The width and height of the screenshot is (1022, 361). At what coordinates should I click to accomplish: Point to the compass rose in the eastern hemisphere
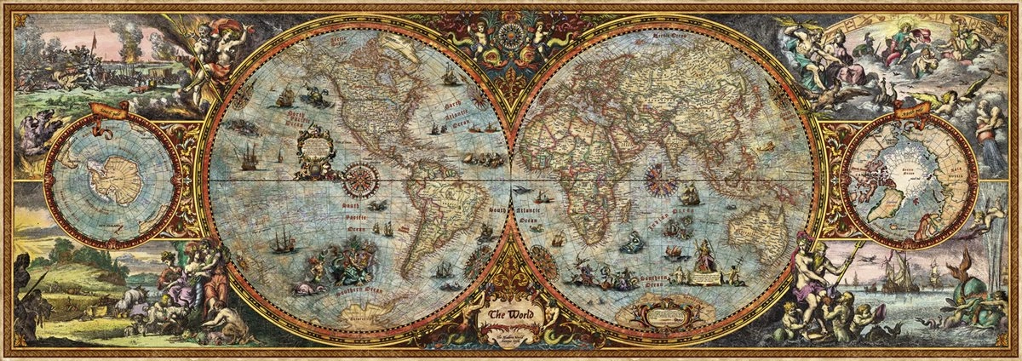tap(657, 180)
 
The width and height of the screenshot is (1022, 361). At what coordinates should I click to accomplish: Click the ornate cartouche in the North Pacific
tap(318, 150)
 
